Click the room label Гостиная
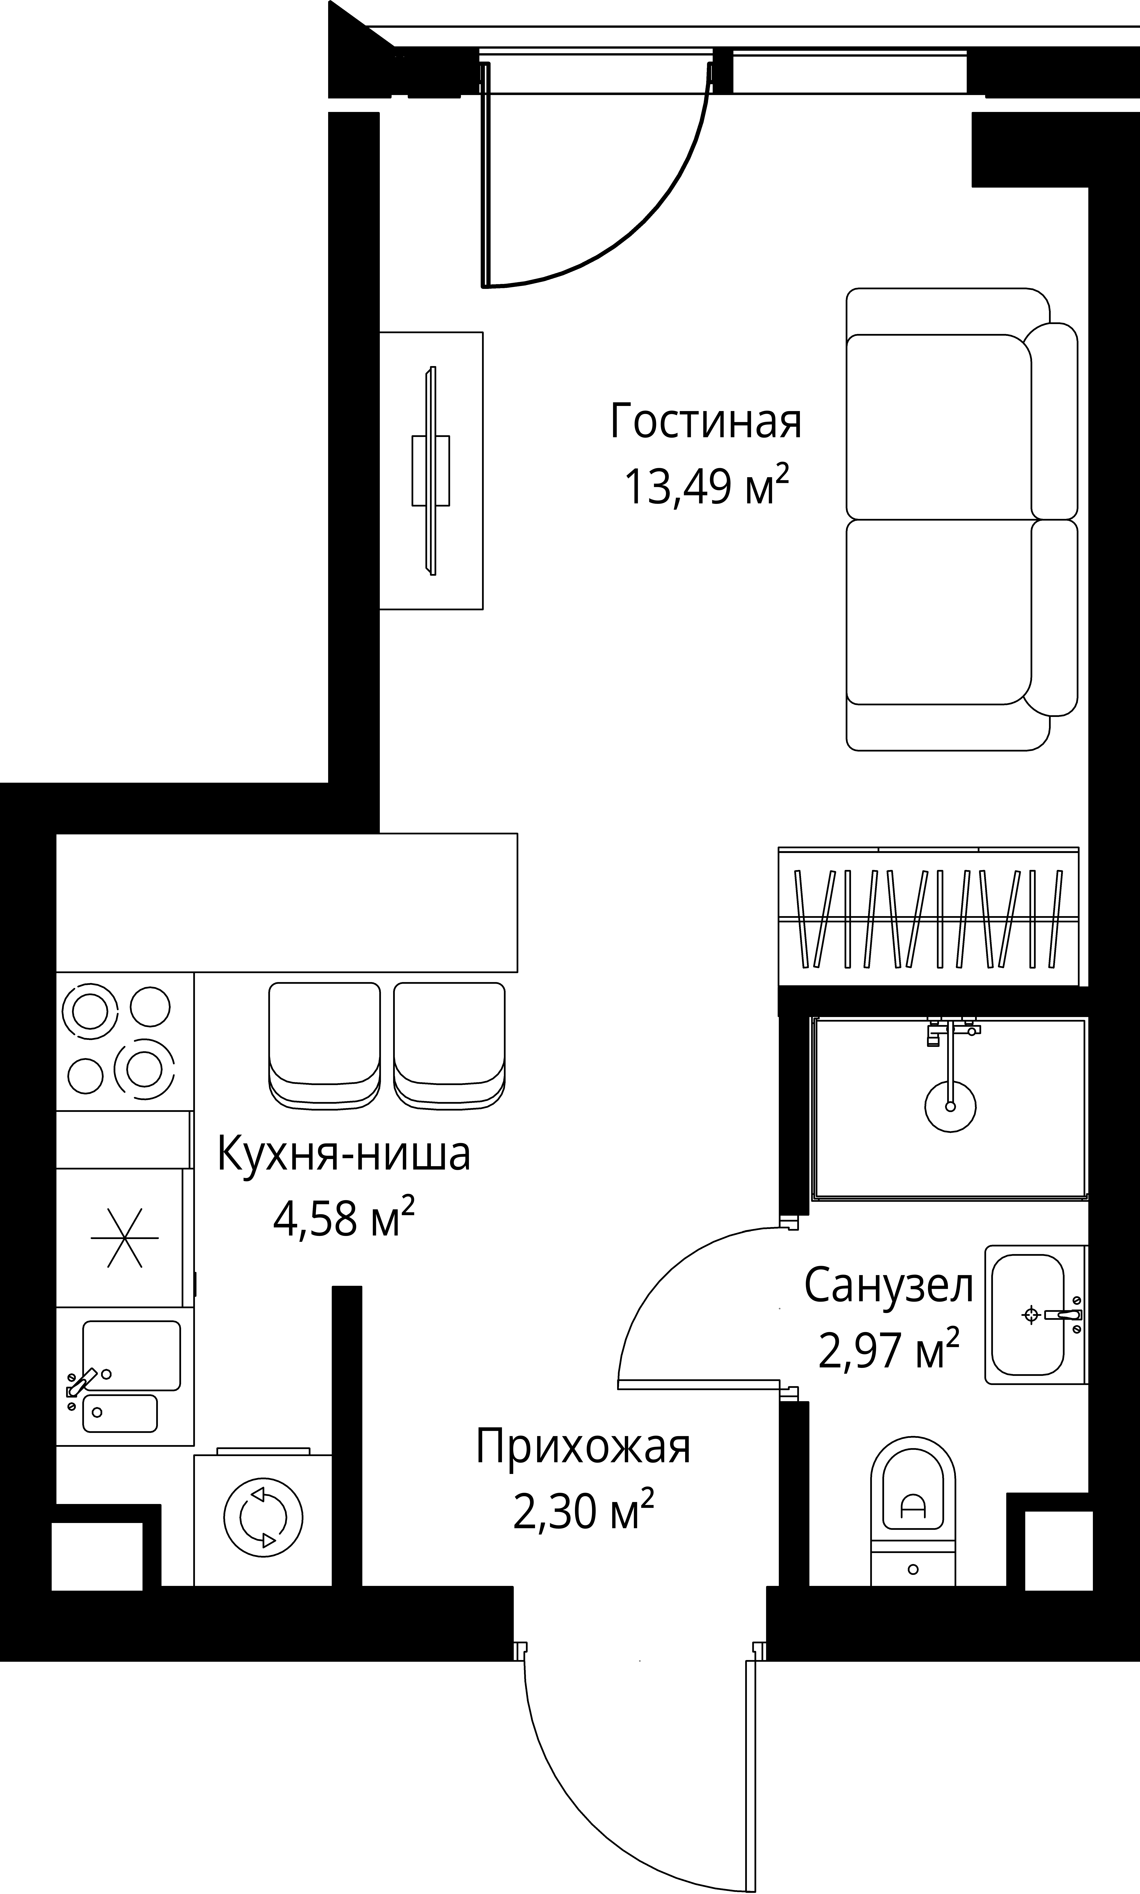[706, 422]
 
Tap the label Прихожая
[583, 1447]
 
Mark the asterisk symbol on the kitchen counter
[124, 1238]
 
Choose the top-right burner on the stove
[150, 1007]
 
